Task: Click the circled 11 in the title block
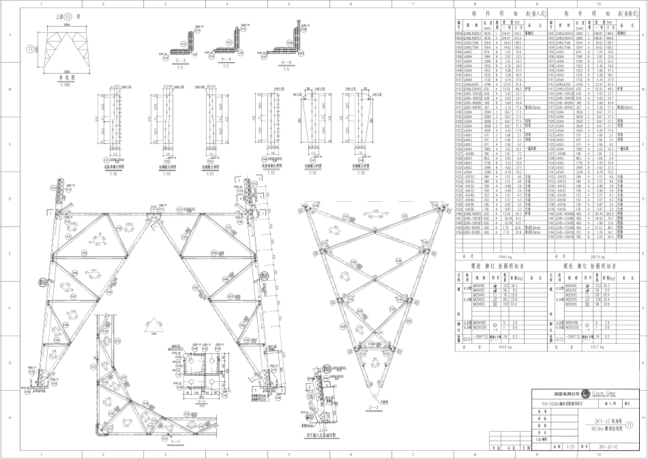(638, 424)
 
